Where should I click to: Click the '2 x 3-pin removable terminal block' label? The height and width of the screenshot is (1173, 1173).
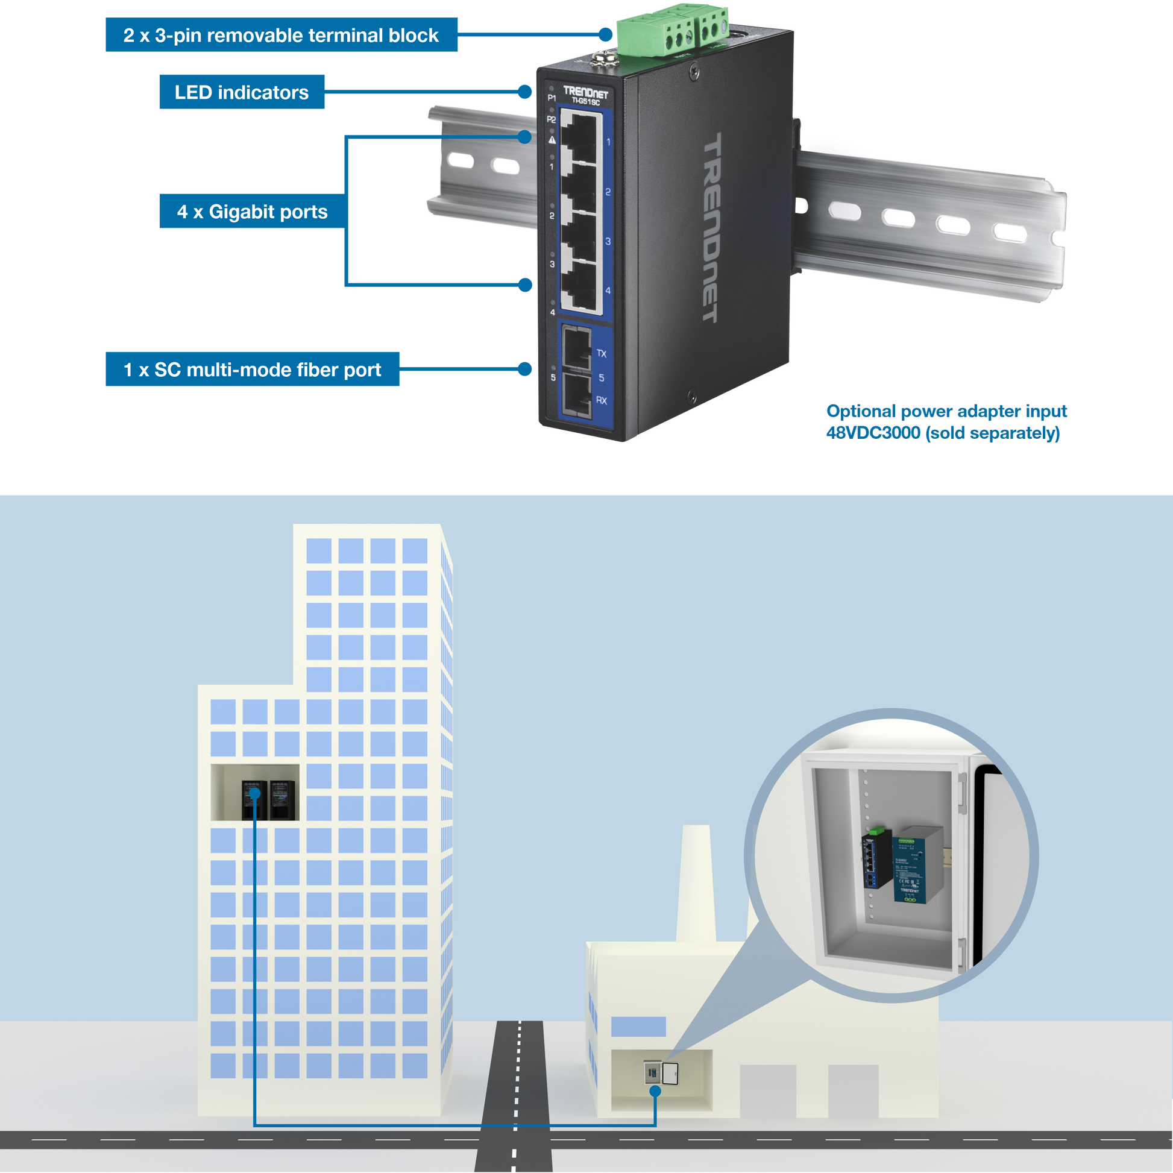coord(281,35)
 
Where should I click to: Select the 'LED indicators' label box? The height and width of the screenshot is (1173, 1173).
coord(242,92)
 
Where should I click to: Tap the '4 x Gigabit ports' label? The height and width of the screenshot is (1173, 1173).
coord(251,212)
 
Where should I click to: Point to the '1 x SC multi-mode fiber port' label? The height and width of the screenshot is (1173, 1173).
coord(253,370)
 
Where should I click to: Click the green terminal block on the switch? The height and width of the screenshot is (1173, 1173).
coord(671,30)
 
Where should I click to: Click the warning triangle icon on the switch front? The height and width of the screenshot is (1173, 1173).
coord(552,140)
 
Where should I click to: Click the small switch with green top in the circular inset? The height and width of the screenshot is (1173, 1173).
coord(876,858)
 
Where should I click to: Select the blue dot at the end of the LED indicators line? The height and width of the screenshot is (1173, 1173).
coord(525,92)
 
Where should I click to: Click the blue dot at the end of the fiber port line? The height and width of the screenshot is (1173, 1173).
coord(525,369)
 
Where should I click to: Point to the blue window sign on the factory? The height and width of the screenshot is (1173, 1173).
coord(638,1027)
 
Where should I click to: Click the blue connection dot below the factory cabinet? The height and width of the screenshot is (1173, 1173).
coord(655,1091)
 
